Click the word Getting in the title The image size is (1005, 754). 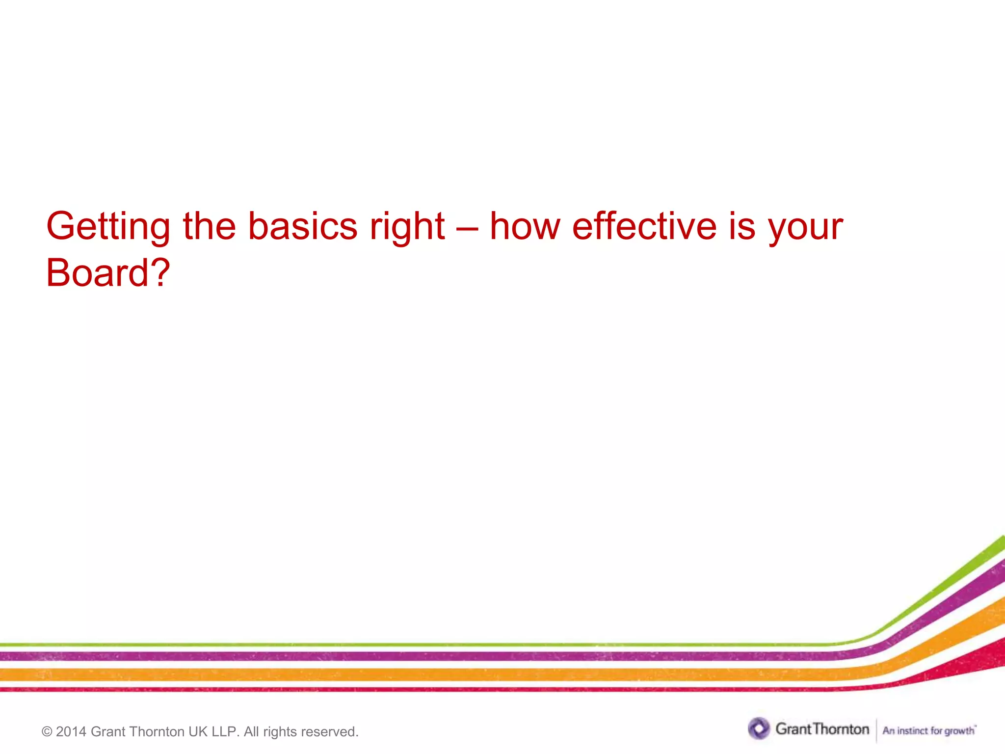coord(108,227)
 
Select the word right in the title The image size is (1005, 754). coord(407,227)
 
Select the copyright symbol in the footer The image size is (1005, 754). coord(47,732)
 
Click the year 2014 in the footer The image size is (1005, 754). coord(72,732)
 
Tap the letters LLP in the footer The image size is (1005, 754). coord(224,732)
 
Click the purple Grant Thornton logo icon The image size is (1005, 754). coord(759,728)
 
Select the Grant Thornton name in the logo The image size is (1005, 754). coord(822,729)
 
